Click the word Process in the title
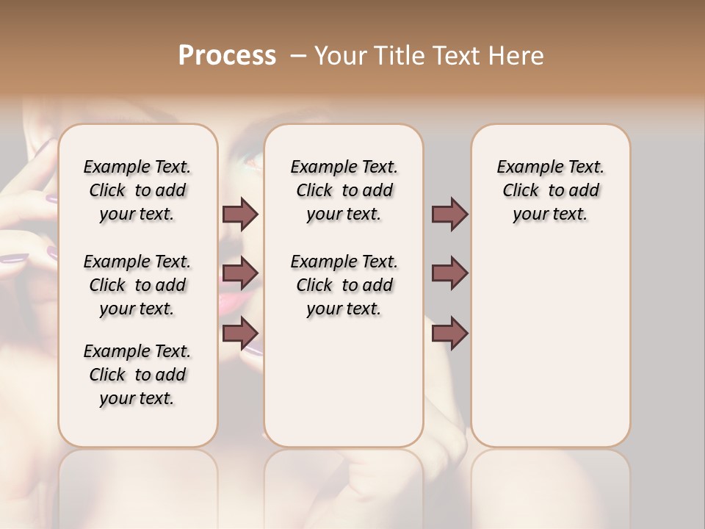pos(227,56)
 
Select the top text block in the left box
pos(137,190)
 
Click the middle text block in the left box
pos(137,285)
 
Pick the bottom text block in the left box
pos(137,375)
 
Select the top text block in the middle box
pos(344,190)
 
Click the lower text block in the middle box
pos(344,285)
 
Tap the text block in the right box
pos(550,190)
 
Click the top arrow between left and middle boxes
pos(240,214)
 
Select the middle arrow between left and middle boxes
pos(240,273)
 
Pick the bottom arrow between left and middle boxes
pos(240,333)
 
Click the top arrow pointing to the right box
pos(449,214)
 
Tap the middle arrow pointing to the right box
pos(449,273)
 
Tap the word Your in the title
pos(340,56)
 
